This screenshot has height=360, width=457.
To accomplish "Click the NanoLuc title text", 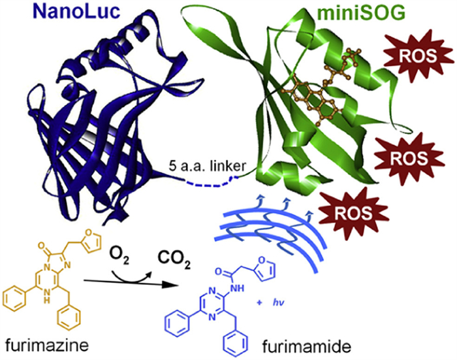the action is tap(76, 11).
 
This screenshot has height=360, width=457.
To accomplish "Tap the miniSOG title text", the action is tap(361, 12).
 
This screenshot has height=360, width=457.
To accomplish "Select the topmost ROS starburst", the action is tap(419, 55).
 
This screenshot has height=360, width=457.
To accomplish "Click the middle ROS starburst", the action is tap(409, 158).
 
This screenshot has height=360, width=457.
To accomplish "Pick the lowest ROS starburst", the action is tap(354, 214).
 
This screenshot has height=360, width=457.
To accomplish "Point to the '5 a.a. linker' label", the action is tap(208, 166).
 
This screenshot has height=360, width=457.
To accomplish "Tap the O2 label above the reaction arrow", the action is tap(119, 255).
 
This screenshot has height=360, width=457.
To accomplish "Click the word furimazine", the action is tap(47, 346).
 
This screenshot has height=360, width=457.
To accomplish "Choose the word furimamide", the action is tap(307, 347).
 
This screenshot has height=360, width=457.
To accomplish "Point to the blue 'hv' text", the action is tap(278, 303).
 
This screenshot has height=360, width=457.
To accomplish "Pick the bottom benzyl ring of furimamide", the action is tap(235, 344).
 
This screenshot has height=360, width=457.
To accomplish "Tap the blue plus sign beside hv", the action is tap(259, 303).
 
